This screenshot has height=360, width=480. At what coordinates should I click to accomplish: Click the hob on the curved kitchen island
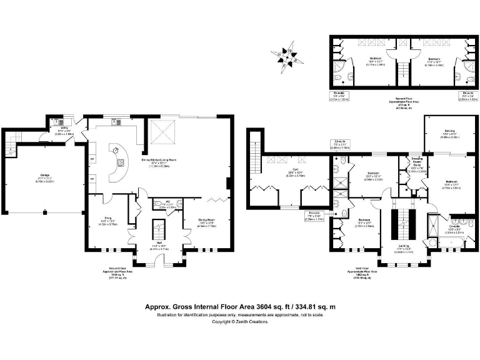pyautogui.click(x=116, y=150)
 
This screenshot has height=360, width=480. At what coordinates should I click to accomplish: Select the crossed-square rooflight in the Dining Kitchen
pyautogui.click(x=161, y=132)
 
